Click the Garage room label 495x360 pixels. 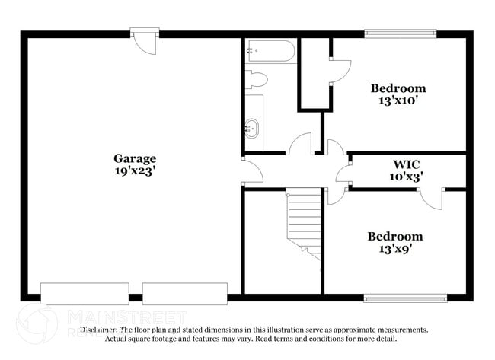point(135,158)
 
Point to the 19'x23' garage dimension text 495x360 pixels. point(135,171)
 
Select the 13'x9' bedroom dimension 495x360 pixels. point(394,249)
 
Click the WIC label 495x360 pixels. point(406,164)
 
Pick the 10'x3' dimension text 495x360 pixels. point(406,176)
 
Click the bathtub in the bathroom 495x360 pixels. point(270,52)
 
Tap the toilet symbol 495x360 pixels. point(257,79)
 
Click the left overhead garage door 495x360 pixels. point(73,293)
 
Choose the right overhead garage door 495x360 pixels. point(184,293)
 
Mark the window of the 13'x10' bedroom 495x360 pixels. point(400,33)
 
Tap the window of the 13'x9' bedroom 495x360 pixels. point(400,298)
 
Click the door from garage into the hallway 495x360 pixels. point(252,170)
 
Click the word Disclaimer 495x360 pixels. point(98,330)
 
